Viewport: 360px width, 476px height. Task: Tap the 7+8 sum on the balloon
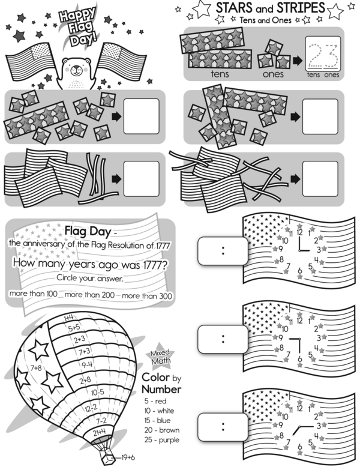[x=37, y=368]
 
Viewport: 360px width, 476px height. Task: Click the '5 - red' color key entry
[x=155, y=400]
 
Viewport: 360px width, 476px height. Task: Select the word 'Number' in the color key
[x=161, y=388]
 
